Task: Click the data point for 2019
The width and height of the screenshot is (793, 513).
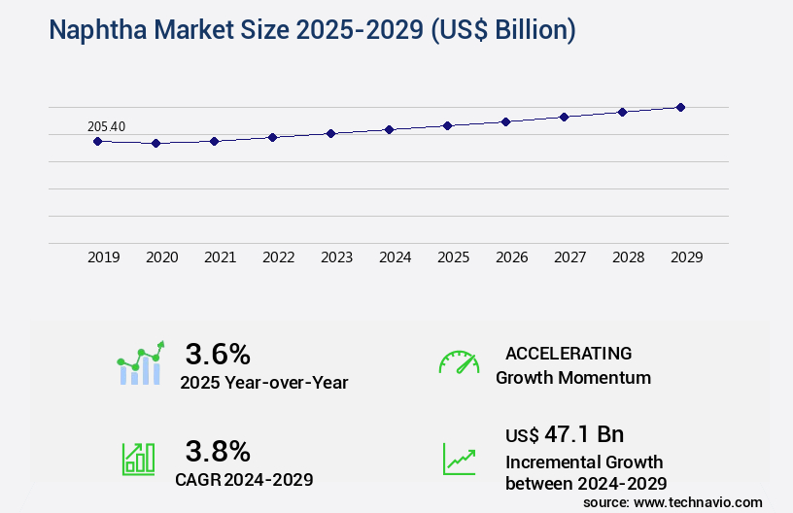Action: click(x=97, y=141)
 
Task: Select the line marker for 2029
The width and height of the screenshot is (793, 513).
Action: click(x=680, y=107)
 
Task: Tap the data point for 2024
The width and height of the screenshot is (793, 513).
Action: click(x=389, y=129)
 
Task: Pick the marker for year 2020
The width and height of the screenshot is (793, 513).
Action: click(x=155, y=143)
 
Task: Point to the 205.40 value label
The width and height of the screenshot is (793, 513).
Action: click(x=106, y=126)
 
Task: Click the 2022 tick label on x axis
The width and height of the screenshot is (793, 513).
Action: click(x=279, y=257)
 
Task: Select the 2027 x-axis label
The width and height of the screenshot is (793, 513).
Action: click(x=570, y=257)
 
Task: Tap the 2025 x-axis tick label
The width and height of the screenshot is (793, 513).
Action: click(x=454, y=257)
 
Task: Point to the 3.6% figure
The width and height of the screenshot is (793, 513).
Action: click(x=218, y=353)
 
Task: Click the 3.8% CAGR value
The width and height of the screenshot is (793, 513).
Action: click(x=218, y=451)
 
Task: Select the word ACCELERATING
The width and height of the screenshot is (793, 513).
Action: click(x=569, y=353)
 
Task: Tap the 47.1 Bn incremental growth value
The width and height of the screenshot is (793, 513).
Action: click(x=565, y=433)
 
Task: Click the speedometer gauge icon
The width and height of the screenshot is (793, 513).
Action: click(x=459, y=362)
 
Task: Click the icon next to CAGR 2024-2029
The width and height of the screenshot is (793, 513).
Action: click(x=138, y=459)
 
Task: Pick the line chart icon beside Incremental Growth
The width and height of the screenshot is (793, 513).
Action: click(x=459, y=459)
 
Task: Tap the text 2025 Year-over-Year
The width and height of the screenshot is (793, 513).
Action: click(x=263, y=382)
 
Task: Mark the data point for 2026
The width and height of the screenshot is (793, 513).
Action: click(x=505, y=121)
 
